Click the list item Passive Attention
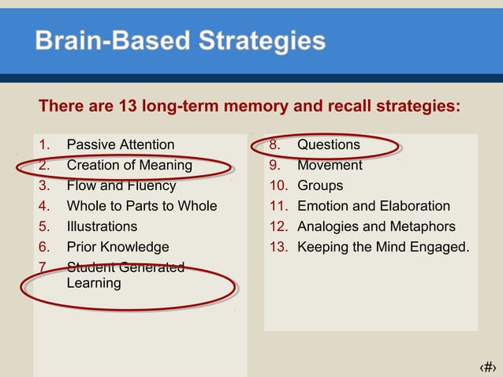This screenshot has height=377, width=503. coord(120,144)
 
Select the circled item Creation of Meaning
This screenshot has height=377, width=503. coord(129,165)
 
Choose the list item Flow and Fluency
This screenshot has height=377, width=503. coord(121,186)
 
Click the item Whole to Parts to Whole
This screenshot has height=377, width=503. coord(141,206)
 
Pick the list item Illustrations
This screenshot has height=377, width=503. coord(102,226)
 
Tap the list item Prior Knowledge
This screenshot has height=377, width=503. coord(117,247)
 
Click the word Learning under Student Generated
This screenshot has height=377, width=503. coord(94,282)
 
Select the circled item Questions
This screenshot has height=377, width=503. coord(328,144)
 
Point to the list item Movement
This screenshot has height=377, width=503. coord(330,165)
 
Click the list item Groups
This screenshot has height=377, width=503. coord(320,186)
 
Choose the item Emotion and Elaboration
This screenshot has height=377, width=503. coord(374,206)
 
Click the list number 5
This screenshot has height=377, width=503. coord(43,226)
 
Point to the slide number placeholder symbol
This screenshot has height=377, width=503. coord(488,367)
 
